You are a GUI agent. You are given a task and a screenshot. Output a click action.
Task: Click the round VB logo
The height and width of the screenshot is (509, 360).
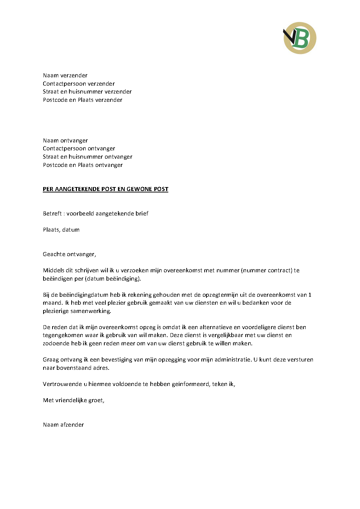[300, 38]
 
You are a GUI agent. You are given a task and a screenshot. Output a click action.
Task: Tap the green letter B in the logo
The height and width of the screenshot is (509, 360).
[303, 39]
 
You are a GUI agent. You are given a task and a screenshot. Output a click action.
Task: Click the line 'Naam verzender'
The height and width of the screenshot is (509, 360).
[65, 76]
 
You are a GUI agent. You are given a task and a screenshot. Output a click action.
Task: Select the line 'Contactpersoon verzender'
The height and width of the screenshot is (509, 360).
[79, 84]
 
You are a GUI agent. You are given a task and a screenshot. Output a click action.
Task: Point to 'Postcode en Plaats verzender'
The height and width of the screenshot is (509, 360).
[82, 100]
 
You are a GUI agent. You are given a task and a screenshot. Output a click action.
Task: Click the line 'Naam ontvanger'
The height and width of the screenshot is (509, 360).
[65, 141]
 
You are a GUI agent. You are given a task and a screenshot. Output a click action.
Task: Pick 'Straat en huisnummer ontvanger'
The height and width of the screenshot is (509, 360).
[87, 157]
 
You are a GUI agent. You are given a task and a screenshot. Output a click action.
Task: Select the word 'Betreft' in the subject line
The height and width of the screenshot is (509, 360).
[52, 214]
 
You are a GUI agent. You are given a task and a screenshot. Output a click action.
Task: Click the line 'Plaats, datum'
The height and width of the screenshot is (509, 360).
[61, 230]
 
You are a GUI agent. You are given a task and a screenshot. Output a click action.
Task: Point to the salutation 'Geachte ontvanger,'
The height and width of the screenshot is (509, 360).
[69, 254]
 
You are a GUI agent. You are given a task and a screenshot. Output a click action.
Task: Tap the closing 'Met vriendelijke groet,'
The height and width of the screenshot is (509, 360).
[74, 400]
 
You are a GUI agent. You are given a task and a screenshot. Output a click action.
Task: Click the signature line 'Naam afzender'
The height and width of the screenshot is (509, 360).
[63, 425]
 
